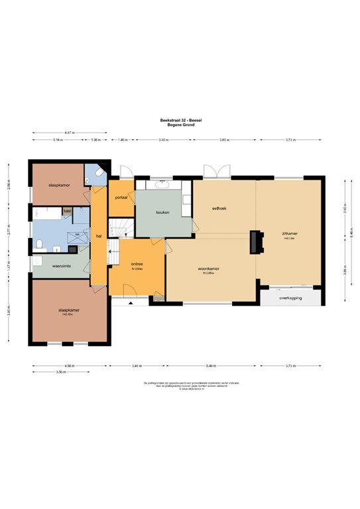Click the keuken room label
tap(163, 213)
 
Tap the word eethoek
tap(219, 209)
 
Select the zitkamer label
tap(289, 234)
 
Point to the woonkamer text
tap(208, 268)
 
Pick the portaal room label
tap(121, 198)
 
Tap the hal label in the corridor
tap(98, 236)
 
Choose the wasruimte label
tap(62, 266)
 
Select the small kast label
tap(67, 211)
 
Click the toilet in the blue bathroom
tap(40, 245)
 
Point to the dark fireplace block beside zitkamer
tap(255, 241)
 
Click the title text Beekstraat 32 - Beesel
tap(180, 119)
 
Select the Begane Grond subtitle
tap(180, 124)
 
